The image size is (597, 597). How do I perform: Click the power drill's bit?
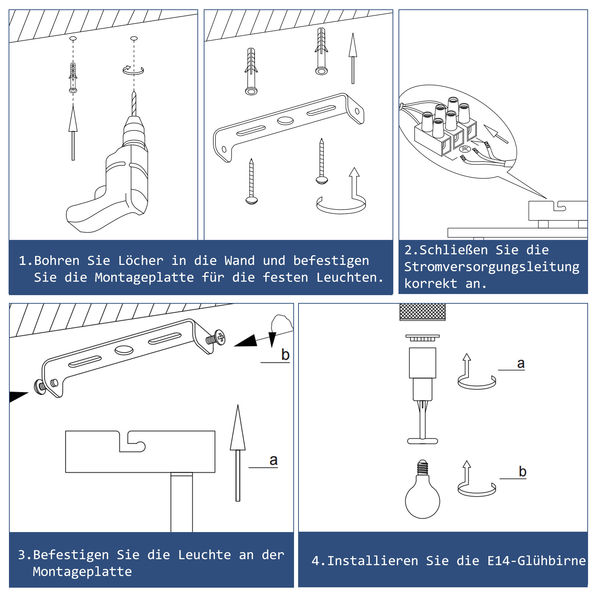tap(134, 103)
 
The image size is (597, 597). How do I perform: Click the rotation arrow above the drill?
tap(133, 70)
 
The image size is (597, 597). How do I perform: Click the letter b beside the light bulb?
tap(522, 472)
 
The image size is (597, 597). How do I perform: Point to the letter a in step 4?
tap(521, 363)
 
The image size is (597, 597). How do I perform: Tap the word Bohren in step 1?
tap(57, 260)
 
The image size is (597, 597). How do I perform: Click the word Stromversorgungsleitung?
tap(492, 267)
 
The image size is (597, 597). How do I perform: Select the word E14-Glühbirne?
tap(537, 560)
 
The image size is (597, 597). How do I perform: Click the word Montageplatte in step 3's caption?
tap(82, 572)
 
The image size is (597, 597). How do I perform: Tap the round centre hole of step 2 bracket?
tap(285, 121)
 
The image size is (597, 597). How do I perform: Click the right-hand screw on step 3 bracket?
tap(216, 338)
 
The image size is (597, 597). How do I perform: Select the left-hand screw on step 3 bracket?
tap(40, 387)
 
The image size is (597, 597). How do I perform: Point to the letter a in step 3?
tap(274, 460)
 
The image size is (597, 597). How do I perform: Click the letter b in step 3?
tap(285, 354)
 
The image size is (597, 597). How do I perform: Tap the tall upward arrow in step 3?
tap(238, 453)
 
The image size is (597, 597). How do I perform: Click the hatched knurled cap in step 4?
tap(422, 312)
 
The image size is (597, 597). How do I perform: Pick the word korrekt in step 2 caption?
tap(431, 284)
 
